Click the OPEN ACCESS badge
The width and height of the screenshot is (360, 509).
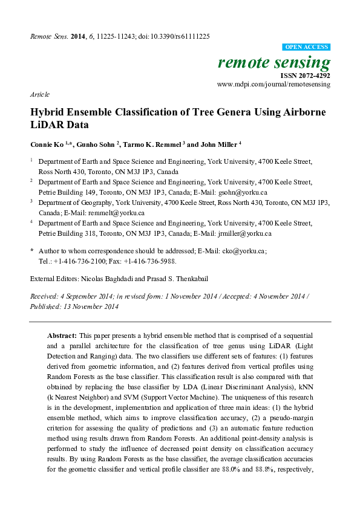point(306,47)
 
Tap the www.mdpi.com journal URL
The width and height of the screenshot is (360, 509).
point(273,85)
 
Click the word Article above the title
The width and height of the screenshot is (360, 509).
point(39,96)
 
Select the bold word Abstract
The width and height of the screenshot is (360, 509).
point(62,335)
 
